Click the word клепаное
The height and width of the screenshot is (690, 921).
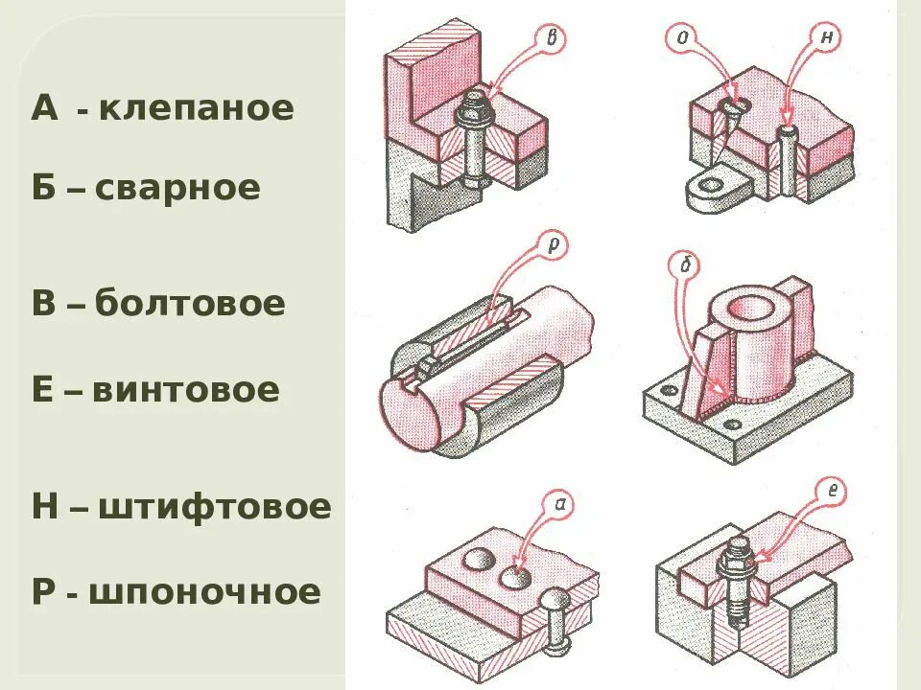(x=196, y=107)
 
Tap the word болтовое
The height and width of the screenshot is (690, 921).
(x=190, y=304)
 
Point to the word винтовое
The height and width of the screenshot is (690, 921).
(x=186, y=390)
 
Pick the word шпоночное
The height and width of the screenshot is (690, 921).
(x=205, y=591)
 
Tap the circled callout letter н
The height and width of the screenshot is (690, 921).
(x=825, y=37)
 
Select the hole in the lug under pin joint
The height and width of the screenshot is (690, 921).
(x=713, y=182)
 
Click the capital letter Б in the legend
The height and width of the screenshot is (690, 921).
(x=44, y=187)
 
